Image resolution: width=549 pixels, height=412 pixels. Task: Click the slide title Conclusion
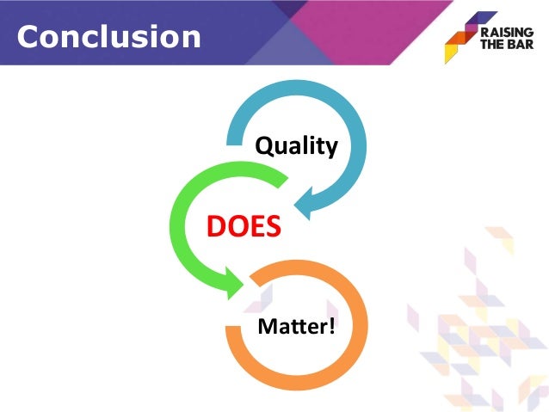[x=109, y=35]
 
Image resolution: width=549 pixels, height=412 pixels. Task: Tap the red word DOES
[x=244, y=227]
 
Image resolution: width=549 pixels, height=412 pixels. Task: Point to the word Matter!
[x=296, y=326]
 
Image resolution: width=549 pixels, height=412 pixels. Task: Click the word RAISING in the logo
[x=507, y=32]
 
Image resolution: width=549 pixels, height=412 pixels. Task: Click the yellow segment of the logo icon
[x=450, y=54]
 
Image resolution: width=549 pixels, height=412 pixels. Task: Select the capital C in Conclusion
[x=29, y=35]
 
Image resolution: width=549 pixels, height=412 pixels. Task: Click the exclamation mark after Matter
[x=330, y=326]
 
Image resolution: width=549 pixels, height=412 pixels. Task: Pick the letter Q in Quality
[x=264, y=146]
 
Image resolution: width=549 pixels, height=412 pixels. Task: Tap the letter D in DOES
[x=216, y=227]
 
